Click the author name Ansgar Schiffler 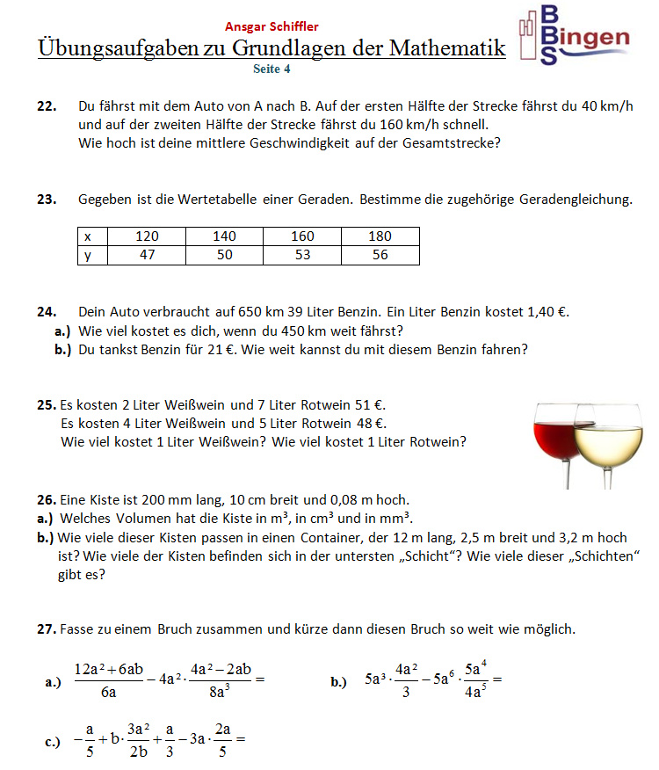tap(272, 27)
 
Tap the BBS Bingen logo tap(573, 35)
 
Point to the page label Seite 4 tap(272, 68)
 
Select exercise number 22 tap(47, 106)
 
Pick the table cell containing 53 tap(301, 255)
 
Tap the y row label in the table tap(88, 255)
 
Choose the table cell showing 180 tap(380, 236)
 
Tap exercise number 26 tap(47, 499)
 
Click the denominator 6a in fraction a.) tap(109, 692)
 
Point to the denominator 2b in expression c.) tap(138, 752)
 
